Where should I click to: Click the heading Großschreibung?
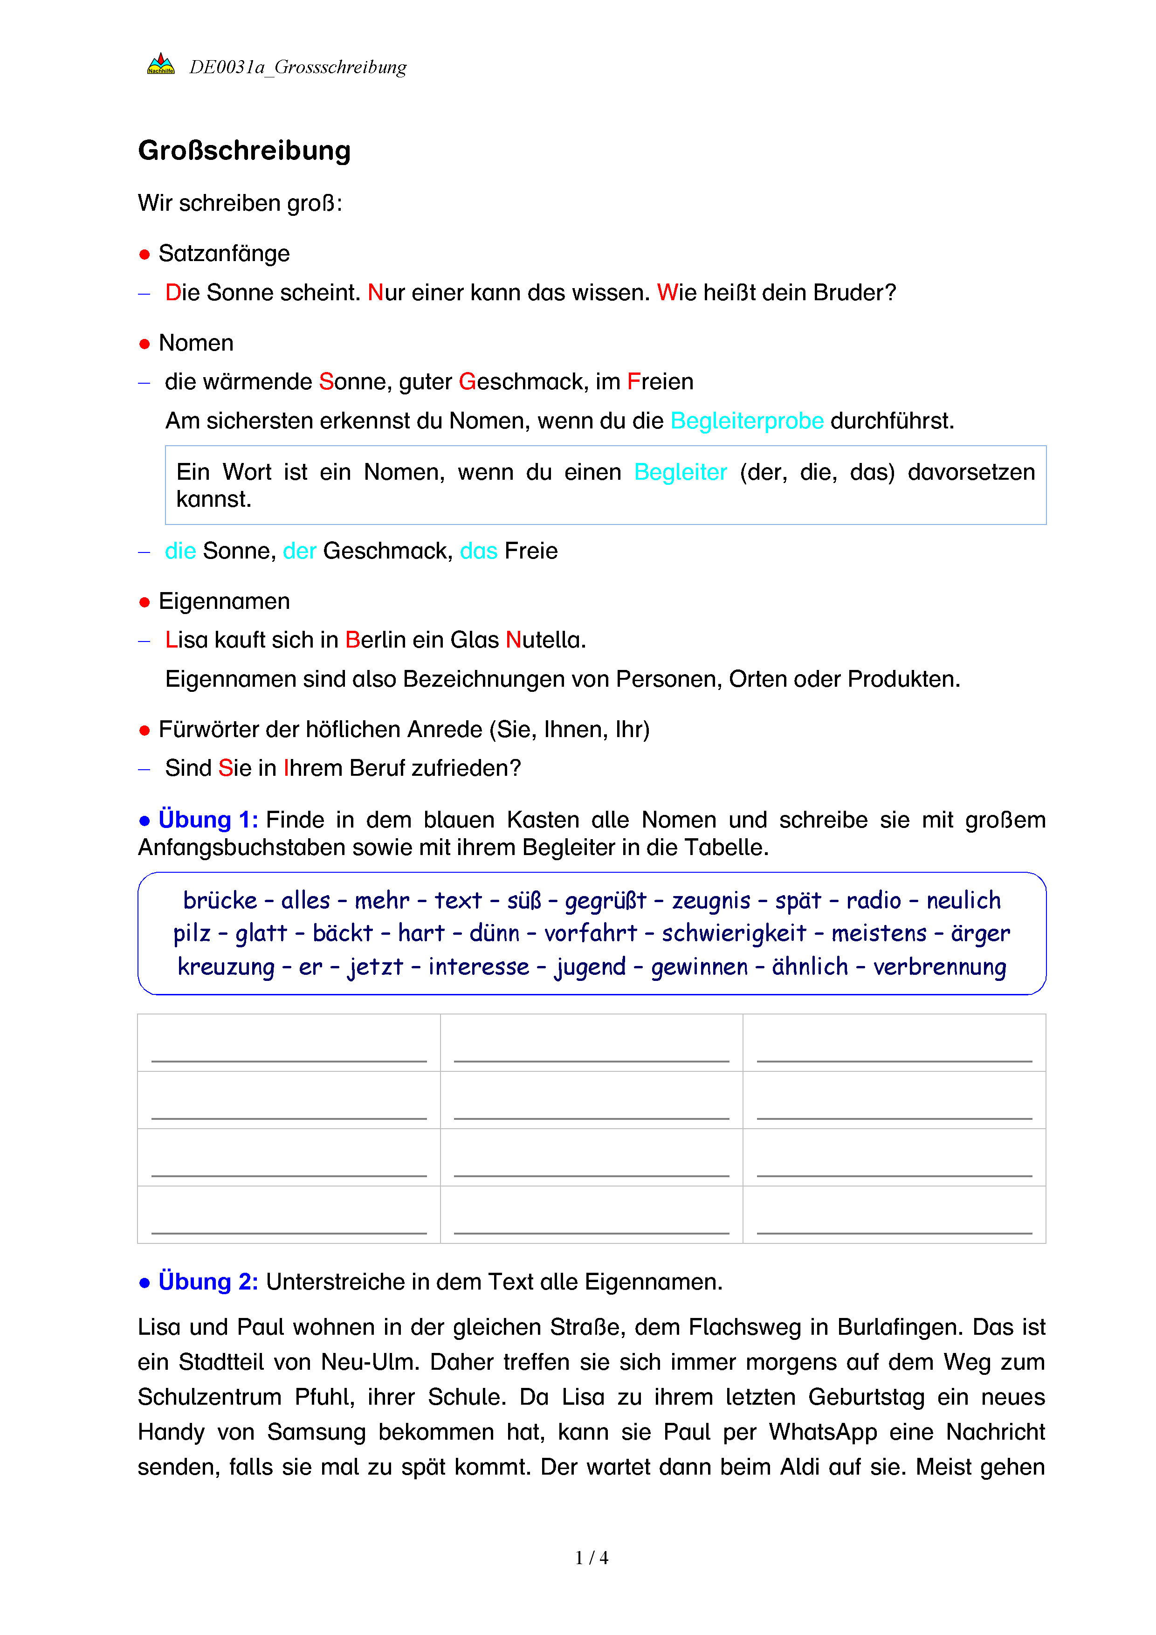(x=244, y=151)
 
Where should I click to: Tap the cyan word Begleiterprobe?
(x=747, y=421)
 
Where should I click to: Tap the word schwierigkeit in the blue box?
(x=734, y=933)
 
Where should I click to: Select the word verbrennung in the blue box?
(x=940, y=967)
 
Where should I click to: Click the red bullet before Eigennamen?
(x=144, y=602)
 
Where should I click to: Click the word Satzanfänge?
(x=224, y=254)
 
